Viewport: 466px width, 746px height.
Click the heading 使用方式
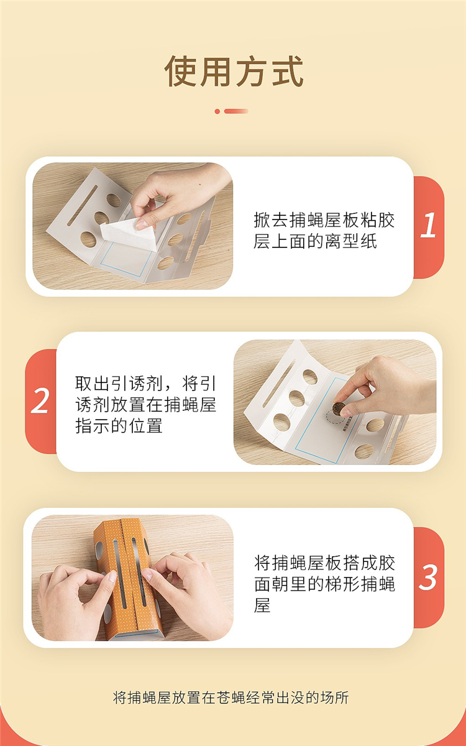coord(234,71)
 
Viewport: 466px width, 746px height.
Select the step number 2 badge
coord(40,402)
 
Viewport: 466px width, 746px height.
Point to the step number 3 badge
coord(428,577)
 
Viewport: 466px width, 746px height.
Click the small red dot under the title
coord(217,111)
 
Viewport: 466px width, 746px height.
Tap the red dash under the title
coord(236,111)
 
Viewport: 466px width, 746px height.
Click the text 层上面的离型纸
coord(314,241)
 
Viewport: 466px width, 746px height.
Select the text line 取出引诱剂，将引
coord(145,384)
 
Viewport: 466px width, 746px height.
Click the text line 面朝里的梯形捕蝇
coord(324,584)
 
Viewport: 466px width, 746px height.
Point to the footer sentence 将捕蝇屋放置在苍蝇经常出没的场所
coord(231,697)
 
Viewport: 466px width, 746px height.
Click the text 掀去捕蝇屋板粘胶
coord(324,220)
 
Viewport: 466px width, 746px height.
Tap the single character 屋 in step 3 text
coord(262,605)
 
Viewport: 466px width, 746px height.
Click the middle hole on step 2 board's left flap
coord(297,398)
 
